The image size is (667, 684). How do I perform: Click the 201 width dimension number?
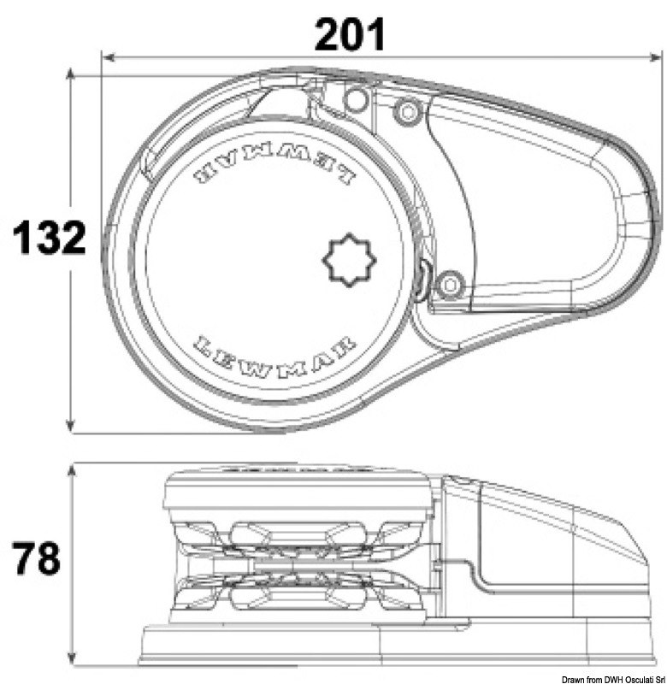pos(350,35)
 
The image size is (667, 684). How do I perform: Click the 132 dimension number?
pos(50,238)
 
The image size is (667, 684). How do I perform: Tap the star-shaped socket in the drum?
pos(349,260)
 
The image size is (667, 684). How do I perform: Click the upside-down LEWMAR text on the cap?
pos(274,173)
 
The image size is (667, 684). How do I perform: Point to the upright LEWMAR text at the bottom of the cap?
pos(274,351)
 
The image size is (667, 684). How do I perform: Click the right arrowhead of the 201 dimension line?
pos(656,57)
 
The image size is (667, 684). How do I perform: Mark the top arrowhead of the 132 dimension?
pos(70,75)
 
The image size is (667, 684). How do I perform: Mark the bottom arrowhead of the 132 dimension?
pos(70,427)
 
